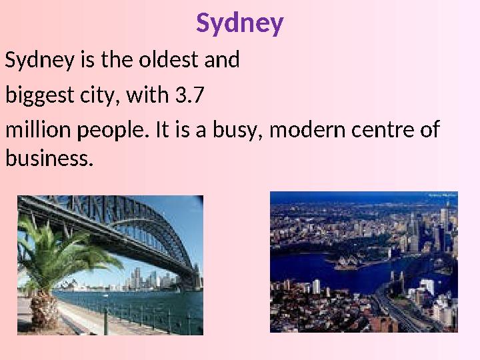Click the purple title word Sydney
pos(240,24)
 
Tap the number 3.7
pos(189,97)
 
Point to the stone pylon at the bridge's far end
pos(196,277)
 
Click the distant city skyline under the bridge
pos(143,279)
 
